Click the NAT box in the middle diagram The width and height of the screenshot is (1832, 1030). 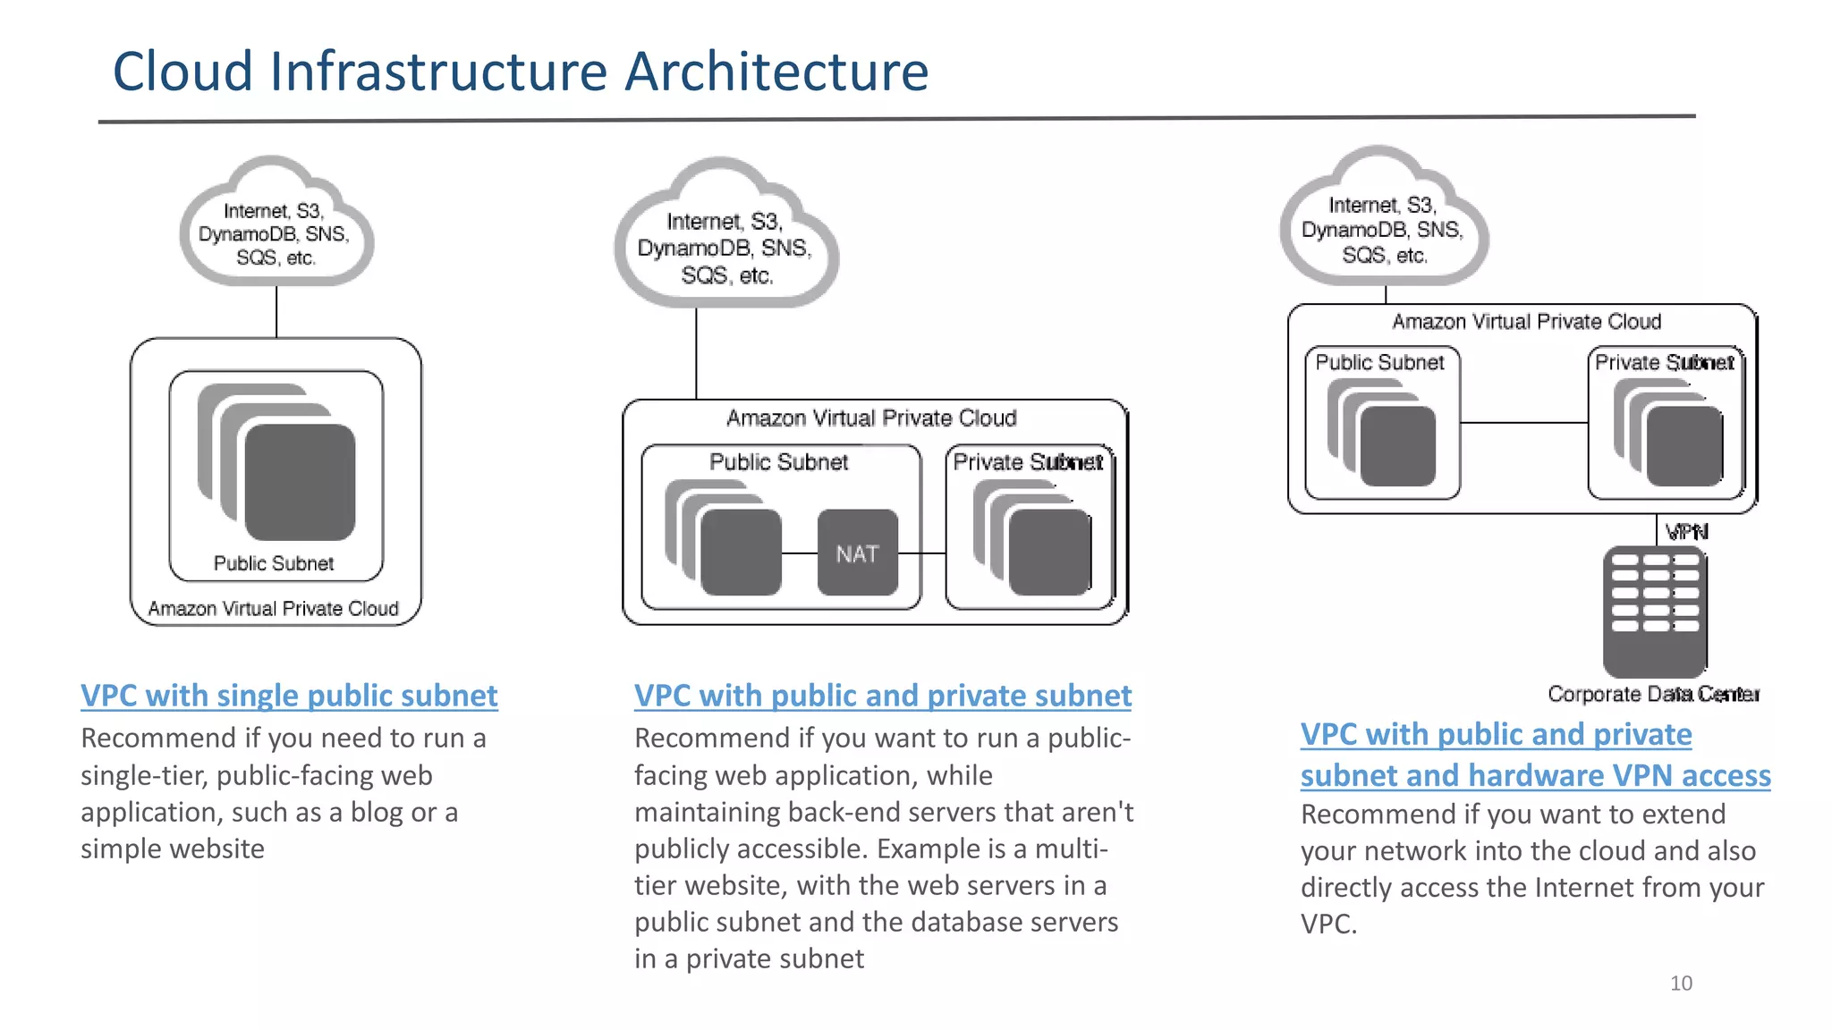pyautogui.click(x=857, y=553)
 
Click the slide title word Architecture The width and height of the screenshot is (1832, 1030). pyautogui.click(x=776, y=72)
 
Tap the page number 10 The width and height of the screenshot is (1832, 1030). pyautogui.click(x=1681, y=984)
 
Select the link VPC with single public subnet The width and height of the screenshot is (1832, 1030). pyautogui.click(x=289, y=696)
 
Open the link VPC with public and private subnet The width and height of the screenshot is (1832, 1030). pyautogui.click(x=882, y=696)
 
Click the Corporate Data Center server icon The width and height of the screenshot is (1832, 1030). pyautogui.click(x=1654, y=612)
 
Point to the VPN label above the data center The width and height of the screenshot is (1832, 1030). pyautogui.click(x=1686, y=532)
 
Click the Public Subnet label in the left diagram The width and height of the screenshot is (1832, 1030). pyautogui.click(x=274, y=563)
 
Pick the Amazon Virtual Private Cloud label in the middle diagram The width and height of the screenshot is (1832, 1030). pyautogui.click(x=871, y=418)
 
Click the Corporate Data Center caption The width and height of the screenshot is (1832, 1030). pyautogui.click(x=1653, y=694)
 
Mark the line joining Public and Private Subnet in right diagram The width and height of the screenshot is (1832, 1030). pyautogui.click(x=1523, y=423)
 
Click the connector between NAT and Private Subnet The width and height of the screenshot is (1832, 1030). pyautogui.click(x=921, y=553)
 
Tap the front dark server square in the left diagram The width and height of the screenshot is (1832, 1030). pyautogui.click(x=300, y=483)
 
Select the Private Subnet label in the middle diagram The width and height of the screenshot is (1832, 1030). pyautogui.click(x=1027, y=462)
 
